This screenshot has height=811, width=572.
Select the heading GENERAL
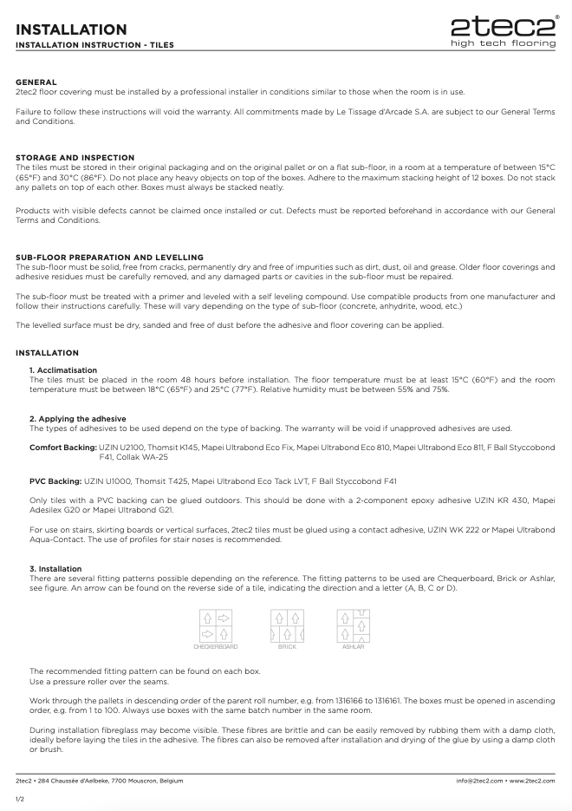(36, 82)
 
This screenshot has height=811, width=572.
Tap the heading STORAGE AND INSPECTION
(75, 157)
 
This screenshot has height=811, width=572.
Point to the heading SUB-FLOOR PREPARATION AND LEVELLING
(109, 257)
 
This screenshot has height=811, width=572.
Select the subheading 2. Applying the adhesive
(78, 419)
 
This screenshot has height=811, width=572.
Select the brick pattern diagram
(286, 625)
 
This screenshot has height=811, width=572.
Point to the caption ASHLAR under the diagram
(353, 646)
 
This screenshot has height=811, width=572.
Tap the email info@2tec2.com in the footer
(480, 781)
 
